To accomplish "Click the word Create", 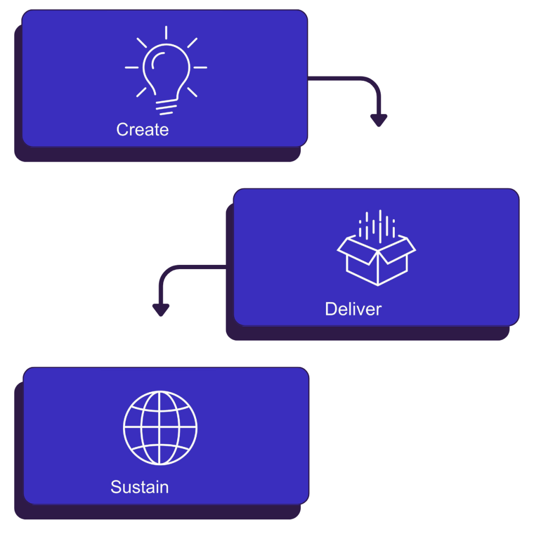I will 142,129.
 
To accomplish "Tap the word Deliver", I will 353,309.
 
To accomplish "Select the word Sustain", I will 139,487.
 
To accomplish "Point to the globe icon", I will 160,428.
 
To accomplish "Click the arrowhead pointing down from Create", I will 379,120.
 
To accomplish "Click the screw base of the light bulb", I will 166,108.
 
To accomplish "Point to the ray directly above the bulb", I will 166,32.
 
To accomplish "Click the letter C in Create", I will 123,129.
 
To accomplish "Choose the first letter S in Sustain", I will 116,487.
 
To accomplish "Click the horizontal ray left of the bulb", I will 132,67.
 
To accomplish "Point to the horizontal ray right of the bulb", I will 200,67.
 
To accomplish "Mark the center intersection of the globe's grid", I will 160,428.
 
